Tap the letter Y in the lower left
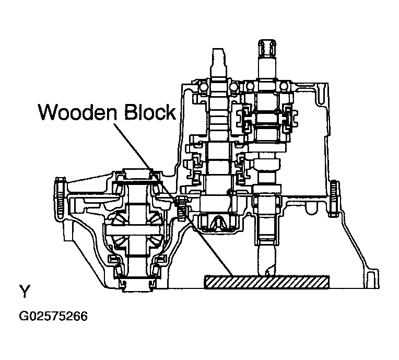coord(25,291)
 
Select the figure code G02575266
coord(53,316)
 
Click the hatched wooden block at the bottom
coord(267,282)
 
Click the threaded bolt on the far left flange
coord(59,198)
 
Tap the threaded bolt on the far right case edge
coord(334,199)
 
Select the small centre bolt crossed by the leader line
coord(181,209)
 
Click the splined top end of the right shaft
coord(267,49)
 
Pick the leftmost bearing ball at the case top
coord(203,87)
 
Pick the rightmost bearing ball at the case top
coord(283,87)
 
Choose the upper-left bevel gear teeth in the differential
coord(119,219)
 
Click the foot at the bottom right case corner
coord(372,279)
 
